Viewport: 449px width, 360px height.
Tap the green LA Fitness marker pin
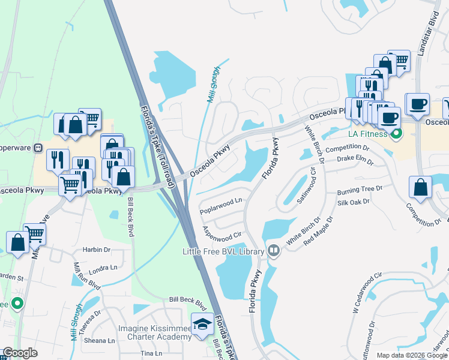pyautogui.click(x=396, y=133)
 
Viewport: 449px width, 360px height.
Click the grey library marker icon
pyautogui.click(x=273, y=250)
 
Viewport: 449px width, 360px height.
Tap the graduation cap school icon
pyautogui.click(x=202, y=324)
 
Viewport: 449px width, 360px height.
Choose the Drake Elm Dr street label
pyautogui.click(x=355, y=161)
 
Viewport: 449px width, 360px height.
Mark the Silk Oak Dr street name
pyautogui.click(x=356, y=202)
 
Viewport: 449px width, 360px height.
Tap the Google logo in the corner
pyautogui.click(x=20, y=353)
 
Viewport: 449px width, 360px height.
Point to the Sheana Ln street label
pyautogui.click(x=100, y=340)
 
